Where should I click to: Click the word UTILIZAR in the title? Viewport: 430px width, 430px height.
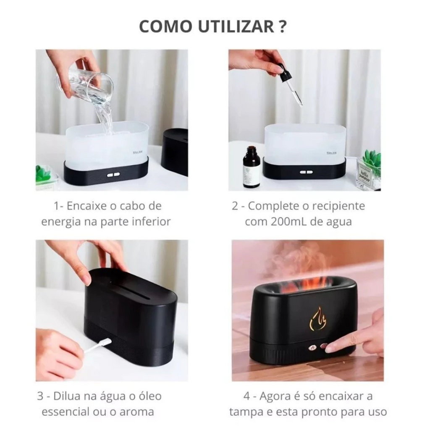[x=236, y=26]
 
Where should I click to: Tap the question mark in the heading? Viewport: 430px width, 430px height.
[x=283, y=26]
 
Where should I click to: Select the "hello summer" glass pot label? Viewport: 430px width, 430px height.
[x=365, y=176]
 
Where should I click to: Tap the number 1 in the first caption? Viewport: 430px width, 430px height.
[x=56, y=206]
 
